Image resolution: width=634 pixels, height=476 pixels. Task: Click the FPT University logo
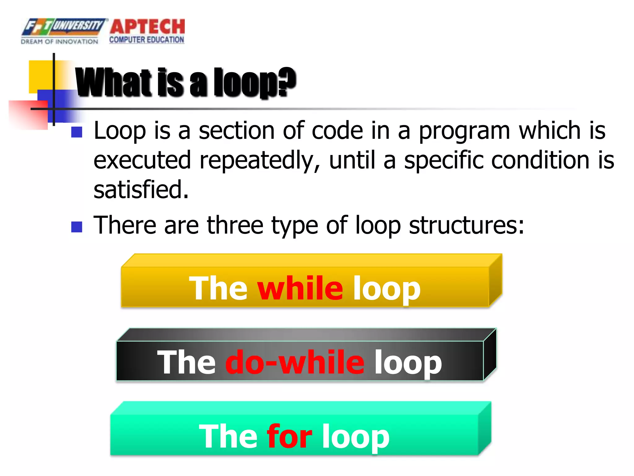click(x=63, y=27)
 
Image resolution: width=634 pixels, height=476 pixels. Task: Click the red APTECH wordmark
click(x=147, y=27)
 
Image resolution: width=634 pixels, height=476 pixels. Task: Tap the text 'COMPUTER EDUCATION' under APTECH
click(x=147, y=40)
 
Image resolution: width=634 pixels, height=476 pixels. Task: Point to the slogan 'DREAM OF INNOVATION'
click(x=59, y=42)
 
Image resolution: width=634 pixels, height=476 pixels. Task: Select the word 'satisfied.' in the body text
click(x=141, y=190)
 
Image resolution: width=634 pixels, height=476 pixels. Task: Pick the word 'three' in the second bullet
click(x=235, y=225)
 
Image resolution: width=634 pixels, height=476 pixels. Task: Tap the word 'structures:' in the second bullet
click(x=467, y=226)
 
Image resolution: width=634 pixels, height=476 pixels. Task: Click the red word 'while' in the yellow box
click(x=300, y=288)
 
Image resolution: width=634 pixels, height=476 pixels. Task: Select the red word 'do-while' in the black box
click(x=295, y=362)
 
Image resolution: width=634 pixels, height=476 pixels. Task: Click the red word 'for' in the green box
click(x=289, y=436)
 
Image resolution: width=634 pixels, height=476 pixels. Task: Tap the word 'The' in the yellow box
click(x=218, y=288)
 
